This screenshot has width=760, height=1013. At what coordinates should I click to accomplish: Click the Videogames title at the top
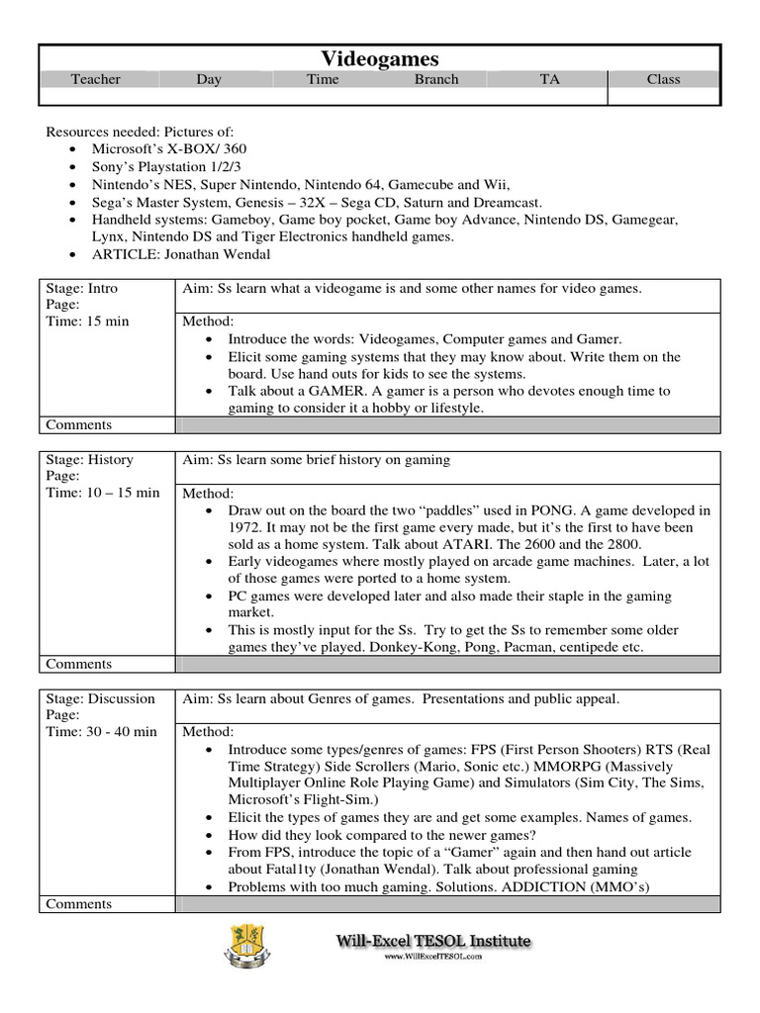click(x=380, y=59)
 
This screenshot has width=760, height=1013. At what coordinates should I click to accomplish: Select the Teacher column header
click(x=95, y=79)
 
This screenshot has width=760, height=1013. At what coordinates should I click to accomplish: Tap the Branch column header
click(x=436, y=79)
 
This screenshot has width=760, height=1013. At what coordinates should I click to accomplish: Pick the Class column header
click(x=663, y=79)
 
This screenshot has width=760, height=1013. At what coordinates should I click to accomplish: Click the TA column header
click(x=549, y=79)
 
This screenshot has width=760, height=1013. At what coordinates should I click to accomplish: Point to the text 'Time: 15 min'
click(x=86, y=322)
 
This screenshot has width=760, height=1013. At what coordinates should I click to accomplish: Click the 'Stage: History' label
click(x=90, y=459)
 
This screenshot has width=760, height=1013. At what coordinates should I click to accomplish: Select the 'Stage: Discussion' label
click(x=101, y=698)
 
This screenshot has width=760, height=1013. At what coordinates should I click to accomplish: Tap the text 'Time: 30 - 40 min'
click(x=102, y=731)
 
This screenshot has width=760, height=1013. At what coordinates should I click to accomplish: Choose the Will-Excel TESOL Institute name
click(x=431, y=941)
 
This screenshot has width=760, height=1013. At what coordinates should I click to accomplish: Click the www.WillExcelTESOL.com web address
click(x=432, y=958)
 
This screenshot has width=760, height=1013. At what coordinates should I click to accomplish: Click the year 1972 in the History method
click(x=246, y=527)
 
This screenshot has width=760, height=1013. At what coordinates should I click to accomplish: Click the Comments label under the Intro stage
click(x=79, y=424)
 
